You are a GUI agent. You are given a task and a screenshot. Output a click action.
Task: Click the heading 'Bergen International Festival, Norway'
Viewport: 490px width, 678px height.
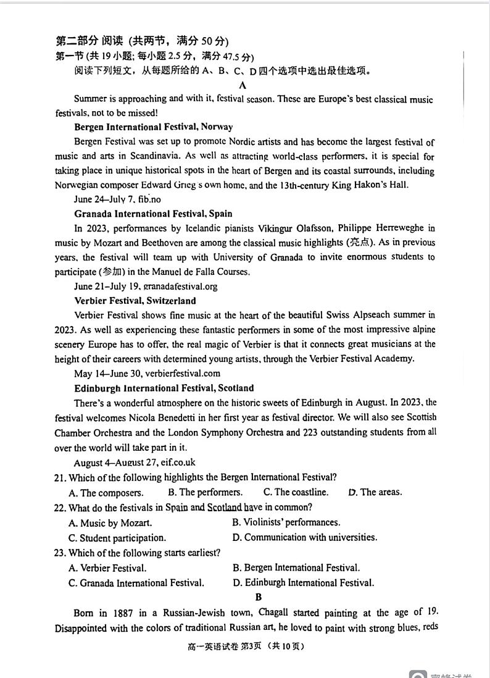tap(153, 127)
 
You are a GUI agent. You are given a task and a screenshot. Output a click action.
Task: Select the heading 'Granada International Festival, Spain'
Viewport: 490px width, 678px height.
tap(153, 214)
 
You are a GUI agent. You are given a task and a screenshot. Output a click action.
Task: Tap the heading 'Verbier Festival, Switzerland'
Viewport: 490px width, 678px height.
tap(135, 301)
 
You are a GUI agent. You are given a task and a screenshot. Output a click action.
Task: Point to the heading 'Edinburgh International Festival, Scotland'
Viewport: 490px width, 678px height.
tap(164, 388)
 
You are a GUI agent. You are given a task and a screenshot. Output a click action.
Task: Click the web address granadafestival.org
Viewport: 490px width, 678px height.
tap(180, 287)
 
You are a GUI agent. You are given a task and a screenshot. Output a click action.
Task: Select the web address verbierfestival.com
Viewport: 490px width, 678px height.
tap(182, 374)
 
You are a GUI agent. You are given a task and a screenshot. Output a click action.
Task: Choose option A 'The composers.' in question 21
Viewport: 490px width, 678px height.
tap(106, 493)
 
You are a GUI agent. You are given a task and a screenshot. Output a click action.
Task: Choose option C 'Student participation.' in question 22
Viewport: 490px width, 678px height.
tap(117, 538)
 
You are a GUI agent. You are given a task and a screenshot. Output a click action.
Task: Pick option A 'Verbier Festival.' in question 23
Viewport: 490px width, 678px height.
tap(107, 568)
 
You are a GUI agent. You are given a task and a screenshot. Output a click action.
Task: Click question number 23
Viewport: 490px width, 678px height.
tap(60, 553)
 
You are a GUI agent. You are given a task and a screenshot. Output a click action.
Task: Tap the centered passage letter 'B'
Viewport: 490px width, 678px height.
tap(258, 597)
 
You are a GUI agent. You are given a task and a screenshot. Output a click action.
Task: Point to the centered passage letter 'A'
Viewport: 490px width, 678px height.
tap(243, 85)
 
